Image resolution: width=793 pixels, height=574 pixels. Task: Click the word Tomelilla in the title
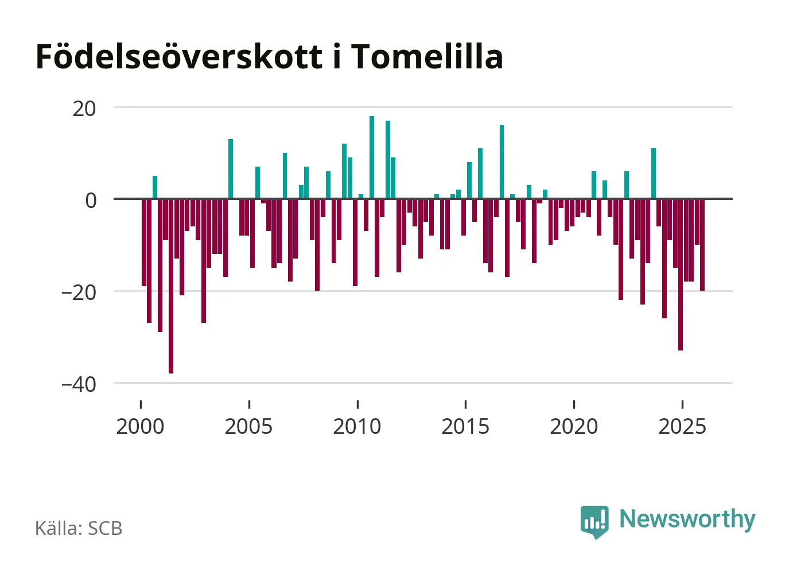[x=427, y=56]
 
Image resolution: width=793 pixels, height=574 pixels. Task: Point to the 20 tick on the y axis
[x=84, y=108]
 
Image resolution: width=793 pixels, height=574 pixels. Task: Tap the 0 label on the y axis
[x=91, y=200]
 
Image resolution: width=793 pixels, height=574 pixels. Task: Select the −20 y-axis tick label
[x=79, y=292]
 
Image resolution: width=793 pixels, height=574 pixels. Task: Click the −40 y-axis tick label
[x=79, y=384]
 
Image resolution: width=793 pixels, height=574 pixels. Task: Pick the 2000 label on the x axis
[x=140, y=426]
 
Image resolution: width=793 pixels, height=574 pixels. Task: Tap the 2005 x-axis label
[x=248, y=426]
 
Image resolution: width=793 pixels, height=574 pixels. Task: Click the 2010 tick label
[x=357, y=426]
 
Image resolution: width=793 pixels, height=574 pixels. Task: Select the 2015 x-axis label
[x=465, y=426]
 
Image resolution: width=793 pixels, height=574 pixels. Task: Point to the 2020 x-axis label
[x=574, y=426]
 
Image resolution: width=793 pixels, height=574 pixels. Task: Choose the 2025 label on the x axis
[x=682, y=426]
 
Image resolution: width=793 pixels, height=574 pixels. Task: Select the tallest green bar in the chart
[x=372, y=157]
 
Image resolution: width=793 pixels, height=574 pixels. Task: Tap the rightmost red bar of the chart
[x=702, y=245]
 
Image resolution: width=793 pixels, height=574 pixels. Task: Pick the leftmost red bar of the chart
[x=144, y=242]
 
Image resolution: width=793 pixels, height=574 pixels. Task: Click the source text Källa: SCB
[x=79, y=528]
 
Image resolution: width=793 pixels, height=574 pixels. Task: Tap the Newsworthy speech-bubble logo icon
[x=594, y=521]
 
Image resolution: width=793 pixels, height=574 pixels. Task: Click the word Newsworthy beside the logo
[x=687, y=519]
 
